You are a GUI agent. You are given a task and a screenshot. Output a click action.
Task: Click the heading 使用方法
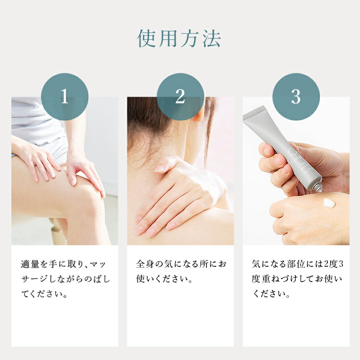coord(179,39)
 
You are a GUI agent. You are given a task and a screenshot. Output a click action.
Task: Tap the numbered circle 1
coord(65,97)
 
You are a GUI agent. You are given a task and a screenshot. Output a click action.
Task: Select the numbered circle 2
coord(180,97)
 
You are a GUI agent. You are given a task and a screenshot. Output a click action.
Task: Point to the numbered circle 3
coord(296,97)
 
